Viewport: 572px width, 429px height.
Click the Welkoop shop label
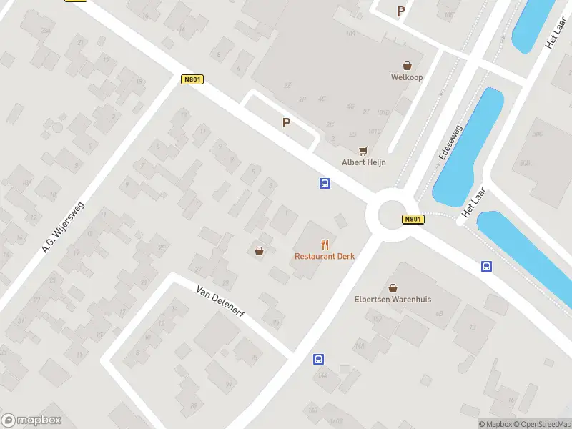point(407,77)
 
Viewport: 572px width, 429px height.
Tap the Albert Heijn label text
point(363,162)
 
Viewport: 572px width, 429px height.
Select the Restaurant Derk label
point(325,256)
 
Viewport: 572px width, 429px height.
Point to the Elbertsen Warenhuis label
point(393,300)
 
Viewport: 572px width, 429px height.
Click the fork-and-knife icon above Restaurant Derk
point(325,245)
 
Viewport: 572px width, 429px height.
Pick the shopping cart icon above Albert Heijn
point(363,151)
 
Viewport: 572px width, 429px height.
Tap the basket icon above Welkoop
point(407,65)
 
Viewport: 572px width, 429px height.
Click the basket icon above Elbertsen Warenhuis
point(393,287)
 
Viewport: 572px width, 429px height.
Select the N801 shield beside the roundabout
point(411,220)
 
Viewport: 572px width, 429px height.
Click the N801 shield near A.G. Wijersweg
point(191,79)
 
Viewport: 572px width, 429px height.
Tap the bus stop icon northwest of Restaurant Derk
point(325,184)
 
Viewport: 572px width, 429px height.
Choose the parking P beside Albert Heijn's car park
point(286,122)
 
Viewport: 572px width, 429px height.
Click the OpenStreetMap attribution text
point(541,424)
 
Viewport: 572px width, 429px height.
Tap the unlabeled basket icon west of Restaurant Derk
point(259,251)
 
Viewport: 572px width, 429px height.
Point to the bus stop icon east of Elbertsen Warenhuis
point(486,267)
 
